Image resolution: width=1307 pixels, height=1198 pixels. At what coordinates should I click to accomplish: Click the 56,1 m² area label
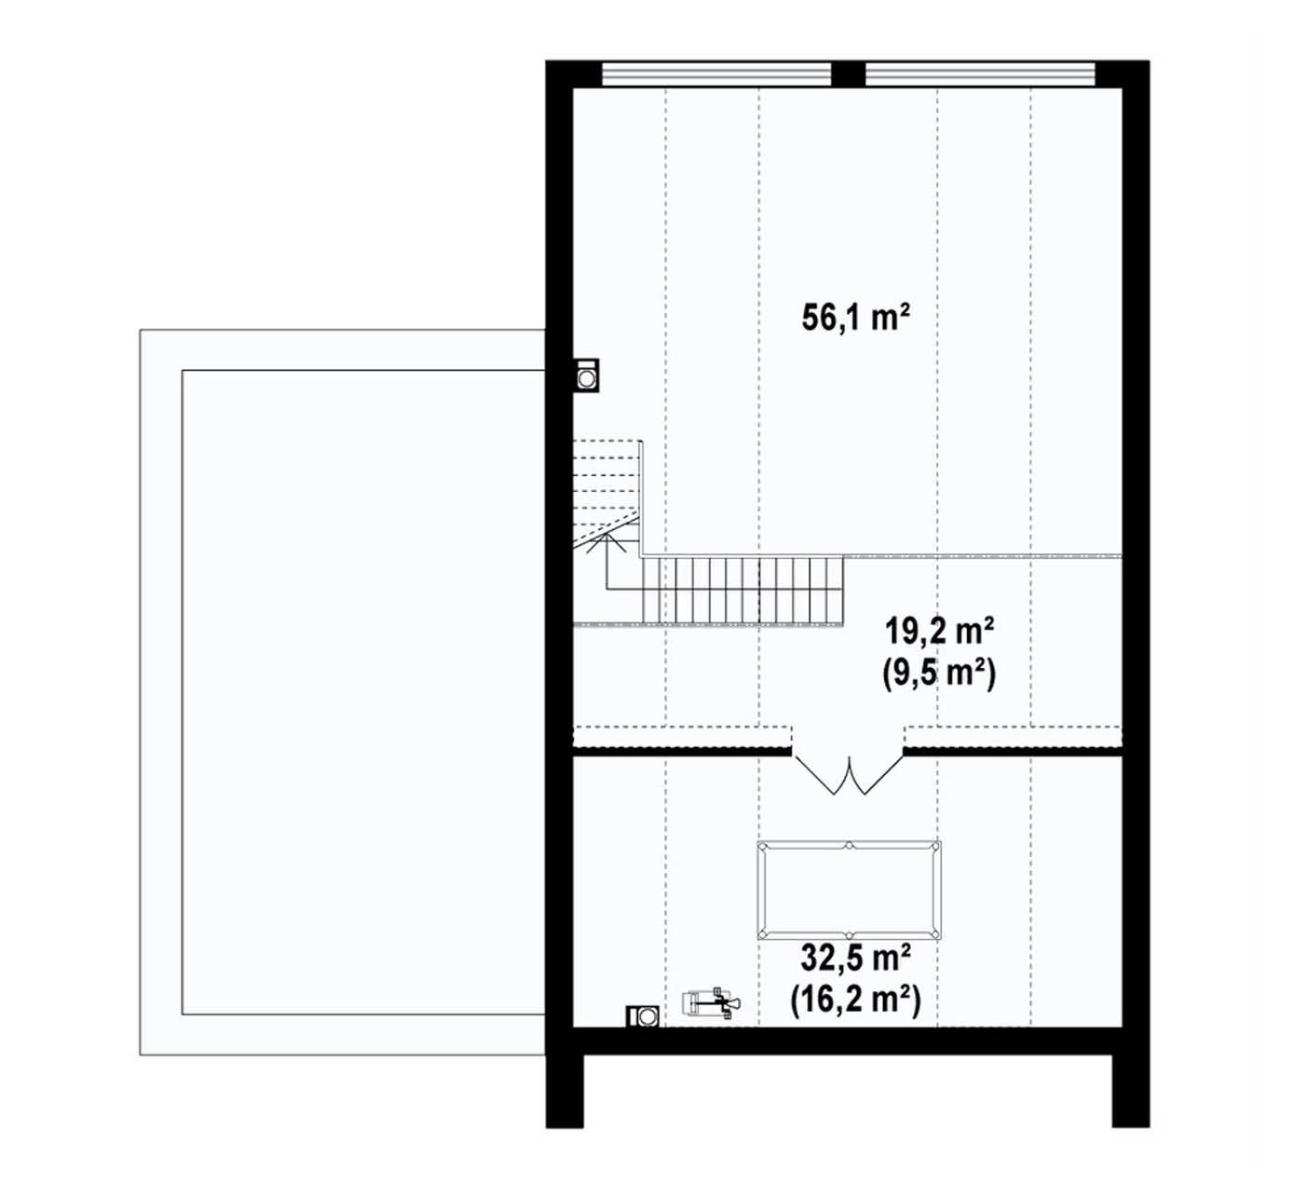pyautogui.click(x=855, y=318)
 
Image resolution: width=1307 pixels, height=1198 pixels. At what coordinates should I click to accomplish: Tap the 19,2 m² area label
pyautogui.click(x=939, y=631)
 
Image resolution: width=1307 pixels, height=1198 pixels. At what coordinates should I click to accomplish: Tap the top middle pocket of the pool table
pyautogui.click(x=849, y=845)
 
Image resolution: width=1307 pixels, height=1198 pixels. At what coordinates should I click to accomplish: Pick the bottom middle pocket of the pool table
pyautogui.click(x=849, y=936)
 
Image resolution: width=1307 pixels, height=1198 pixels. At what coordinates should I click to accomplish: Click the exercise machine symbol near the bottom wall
pyautogui.click(x=711, y=1002)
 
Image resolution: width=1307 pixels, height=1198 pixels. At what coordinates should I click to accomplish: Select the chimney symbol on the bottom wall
pyautogui.click(x=643, y=1016)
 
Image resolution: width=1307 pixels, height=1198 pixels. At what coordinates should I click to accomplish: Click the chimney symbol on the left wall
pyautogui.click(x=586, y=375)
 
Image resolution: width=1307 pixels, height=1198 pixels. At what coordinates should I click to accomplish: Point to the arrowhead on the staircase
pyautogui.click(x=606, y=541)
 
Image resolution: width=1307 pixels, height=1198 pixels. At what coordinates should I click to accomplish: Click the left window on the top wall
pyautogui.click(x=716, y=75)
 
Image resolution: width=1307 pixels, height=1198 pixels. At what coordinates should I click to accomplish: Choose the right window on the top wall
pyautogui.click(x=980, y=75)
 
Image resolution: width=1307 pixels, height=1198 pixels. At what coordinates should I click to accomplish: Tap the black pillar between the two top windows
pyautogui.click(x=849, y=74)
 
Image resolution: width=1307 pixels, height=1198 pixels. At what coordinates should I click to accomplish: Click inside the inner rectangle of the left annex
pyautogui.click(x=363, y=692)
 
